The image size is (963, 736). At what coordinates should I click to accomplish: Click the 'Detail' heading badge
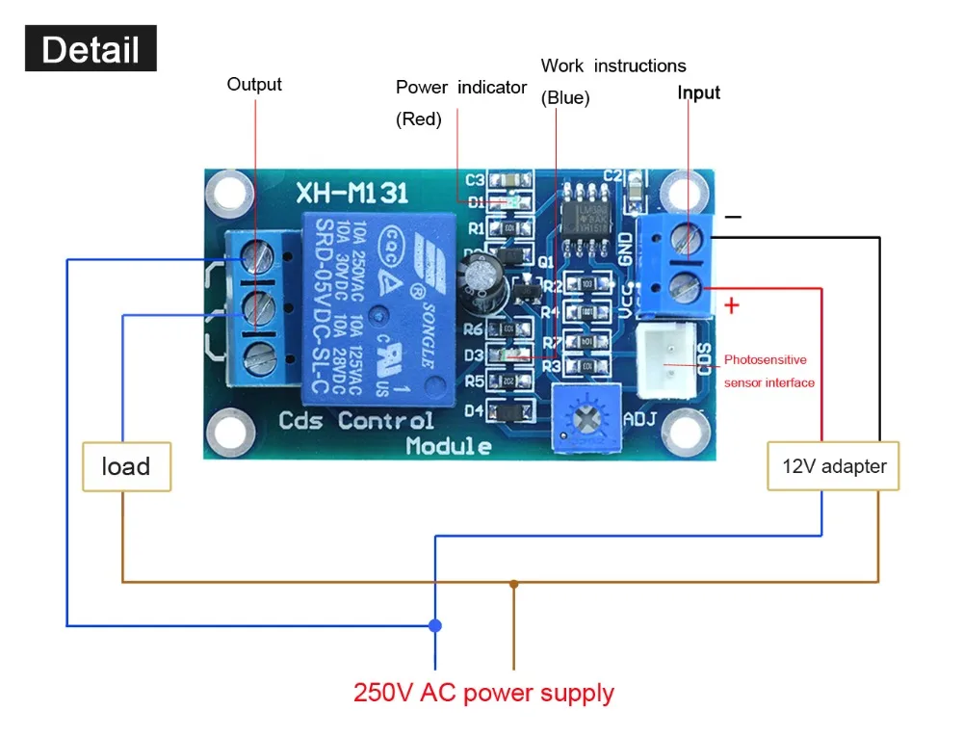click(x=91, y=49)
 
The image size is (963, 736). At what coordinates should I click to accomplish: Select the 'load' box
click(x=126, y=466)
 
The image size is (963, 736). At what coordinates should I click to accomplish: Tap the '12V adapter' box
click(x=833, y=466)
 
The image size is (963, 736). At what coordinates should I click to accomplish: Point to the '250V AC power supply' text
click(x=483, y=693)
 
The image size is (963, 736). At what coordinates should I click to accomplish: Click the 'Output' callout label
click(x=254, y=85)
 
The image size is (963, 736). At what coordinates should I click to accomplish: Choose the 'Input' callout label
click(x=698, y=92)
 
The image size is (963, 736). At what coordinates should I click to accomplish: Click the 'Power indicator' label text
click(x=460, y=88)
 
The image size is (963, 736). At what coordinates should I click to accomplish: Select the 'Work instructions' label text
click(x=613, y=66)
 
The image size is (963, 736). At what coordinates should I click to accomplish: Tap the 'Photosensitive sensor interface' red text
click(x=768, y=371)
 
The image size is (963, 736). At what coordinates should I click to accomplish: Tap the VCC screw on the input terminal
click(x=688, y=286)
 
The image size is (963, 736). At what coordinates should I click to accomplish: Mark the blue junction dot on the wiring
click(x=435, y=625)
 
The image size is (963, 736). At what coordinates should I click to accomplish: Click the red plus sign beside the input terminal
click(x=732, y=305)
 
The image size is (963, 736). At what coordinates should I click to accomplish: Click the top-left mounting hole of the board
click(x=231, y=193)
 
